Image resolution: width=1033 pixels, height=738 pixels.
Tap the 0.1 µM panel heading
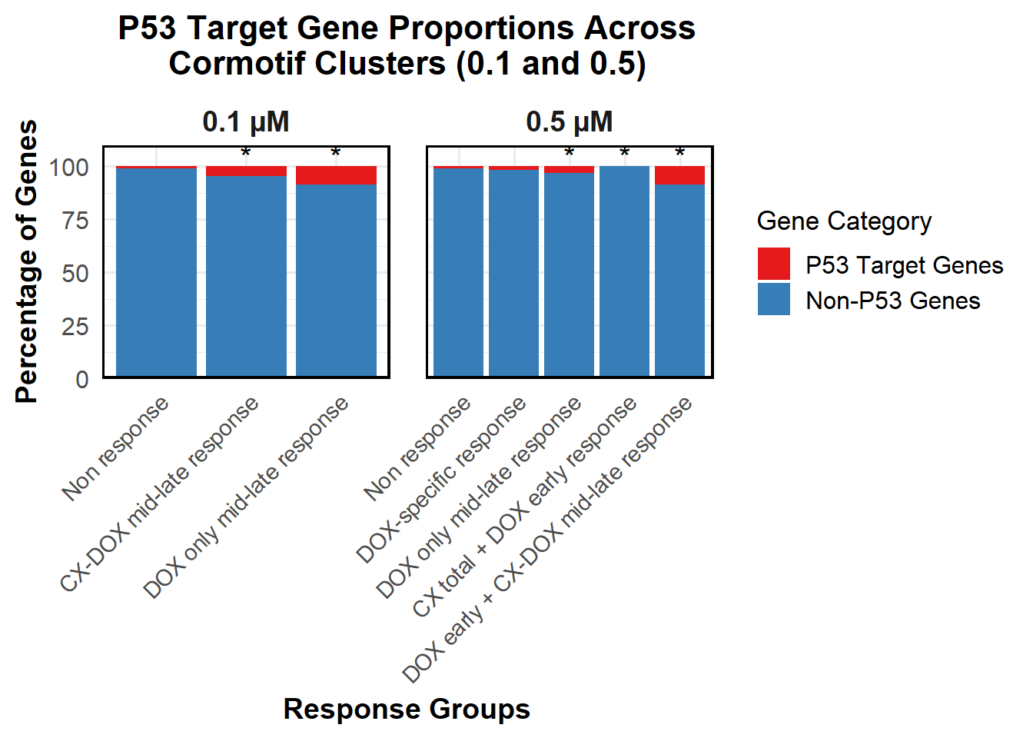(x=246, y=121)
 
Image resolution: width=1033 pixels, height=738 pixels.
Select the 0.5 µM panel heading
(x=570, y=121)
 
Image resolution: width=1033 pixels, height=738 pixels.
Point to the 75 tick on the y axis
(x=75, y=221)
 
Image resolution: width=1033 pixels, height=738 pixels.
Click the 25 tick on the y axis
(x=75, y=327)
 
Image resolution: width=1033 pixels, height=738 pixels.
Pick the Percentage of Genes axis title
(x=26, y=261)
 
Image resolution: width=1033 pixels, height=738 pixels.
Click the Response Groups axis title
(x=407, y=709)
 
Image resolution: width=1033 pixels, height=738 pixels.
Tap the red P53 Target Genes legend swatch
(x=774, y=264)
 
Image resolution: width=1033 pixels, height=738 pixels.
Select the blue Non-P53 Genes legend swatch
(x=774, y=299)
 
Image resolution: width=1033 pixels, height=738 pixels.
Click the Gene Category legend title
(x=844, y=221)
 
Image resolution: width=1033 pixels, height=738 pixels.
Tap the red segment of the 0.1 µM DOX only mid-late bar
(x=336, y=175)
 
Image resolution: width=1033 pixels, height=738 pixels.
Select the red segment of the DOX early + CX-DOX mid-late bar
(x=679, y=175)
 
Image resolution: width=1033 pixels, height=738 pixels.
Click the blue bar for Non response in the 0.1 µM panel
(x=156, y=272)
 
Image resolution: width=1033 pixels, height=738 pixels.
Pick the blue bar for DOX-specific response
(x=513, y=273)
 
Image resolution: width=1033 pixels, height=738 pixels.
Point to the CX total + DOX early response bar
(x=624, y=271)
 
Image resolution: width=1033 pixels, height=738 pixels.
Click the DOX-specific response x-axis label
(x=441, y=480)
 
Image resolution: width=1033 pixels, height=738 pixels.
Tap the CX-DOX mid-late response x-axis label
(x=160, y=494)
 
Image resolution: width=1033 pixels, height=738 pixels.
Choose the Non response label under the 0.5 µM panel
(x=417, y=448)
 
